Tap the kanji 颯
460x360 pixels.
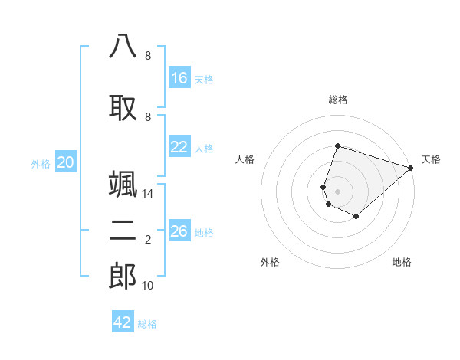[x=123, y=184]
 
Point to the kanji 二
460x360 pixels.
[x=123, y=231]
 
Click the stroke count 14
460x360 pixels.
[x=148, y=194]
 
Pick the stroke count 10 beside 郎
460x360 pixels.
[x=148, y=286]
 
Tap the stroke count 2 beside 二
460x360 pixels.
[x=148, y=240]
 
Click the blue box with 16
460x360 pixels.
[x=179, y=78]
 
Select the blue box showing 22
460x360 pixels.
[x=179, y=147]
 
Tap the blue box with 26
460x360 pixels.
[x=179, y=231]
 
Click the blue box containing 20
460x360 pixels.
[x=66, y=162]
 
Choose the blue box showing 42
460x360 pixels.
[x=123, y=322]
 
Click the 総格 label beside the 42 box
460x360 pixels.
[x=147, y=324]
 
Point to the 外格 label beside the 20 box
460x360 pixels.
[x=41, y=163]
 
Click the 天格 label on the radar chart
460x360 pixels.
[x=431, y=159]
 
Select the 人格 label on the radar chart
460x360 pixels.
[x=245, y=159]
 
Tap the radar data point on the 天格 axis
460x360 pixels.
[x=411, y=167]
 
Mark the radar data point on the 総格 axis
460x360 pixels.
[x=337, y=146]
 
